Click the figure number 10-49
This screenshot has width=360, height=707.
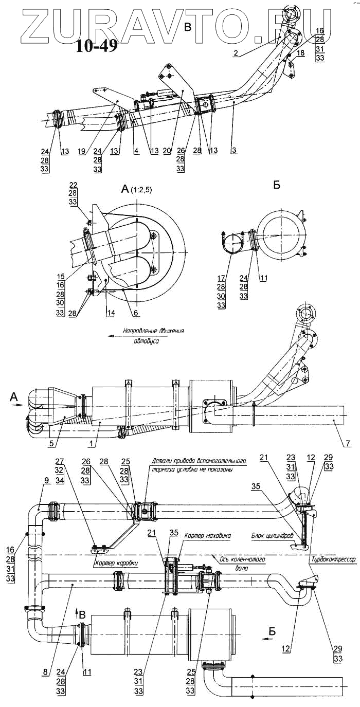97,46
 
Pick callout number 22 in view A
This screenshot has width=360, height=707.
73,185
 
